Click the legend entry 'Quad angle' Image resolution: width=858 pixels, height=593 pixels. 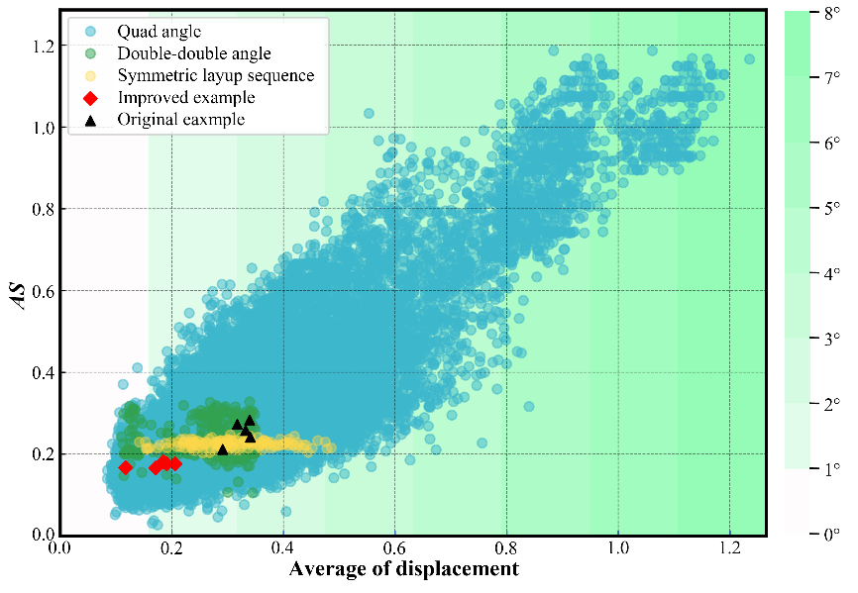point(159,32)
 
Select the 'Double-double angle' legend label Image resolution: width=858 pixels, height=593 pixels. point(193,53)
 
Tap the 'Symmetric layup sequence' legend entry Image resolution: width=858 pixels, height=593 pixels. point(215,75)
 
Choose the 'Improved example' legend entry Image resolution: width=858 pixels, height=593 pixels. point(185,97)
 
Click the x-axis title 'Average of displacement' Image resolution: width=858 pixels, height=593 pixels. point(404,569)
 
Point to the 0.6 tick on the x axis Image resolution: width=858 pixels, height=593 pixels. point(395,545)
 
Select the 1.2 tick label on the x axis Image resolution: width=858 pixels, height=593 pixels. point(729,545)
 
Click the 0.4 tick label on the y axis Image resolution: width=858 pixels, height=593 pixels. point(42,372)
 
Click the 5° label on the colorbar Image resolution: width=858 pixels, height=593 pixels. point(828,208)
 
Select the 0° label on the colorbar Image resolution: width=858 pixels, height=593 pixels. point(828,534)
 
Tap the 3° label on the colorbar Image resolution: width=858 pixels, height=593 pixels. point(828,339)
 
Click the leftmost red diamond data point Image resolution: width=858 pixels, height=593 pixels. point(125,467)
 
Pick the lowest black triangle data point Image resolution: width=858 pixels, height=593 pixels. point(223,449)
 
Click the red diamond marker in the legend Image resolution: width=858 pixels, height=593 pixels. point(90,97)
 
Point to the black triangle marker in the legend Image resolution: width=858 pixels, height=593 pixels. point(90,119)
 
